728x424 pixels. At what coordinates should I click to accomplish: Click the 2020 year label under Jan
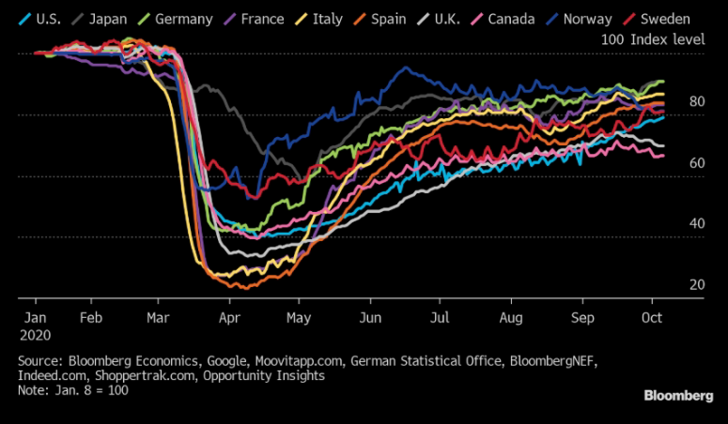click(35, 334)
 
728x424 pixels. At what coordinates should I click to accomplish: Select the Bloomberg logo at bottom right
click(677, 396)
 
